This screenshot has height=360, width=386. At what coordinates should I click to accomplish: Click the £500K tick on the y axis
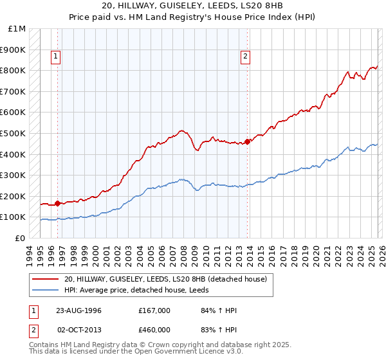(x=14, y=133)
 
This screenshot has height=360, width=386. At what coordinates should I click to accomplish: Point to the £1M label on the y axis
(x=17, y=29)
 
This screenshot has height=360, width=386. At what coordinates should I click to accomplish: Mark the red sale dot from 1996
(x=58, y=203)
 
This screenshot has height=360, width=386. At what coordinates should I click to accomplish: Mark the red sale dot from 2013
(x=248, y=141)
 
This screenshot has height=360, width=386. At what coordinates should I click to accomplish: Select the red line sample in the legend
(x=46, y=279)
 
